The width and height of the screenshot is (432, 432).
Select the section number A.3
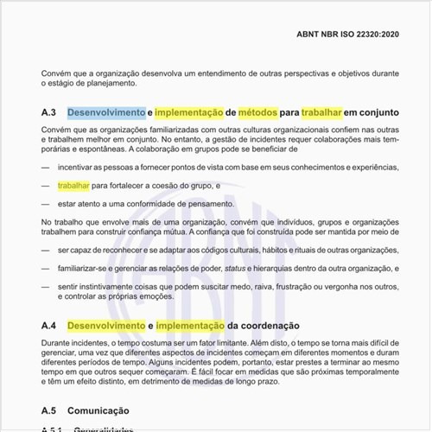point(48,112)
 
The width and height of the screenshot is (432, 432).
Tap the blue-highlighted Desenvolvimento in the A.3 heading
point(106,112)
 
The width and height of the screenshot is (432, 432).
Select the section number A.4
point(48,326)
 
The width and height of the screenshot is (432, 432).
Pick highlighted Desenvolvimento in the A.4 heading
point(106,326)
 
